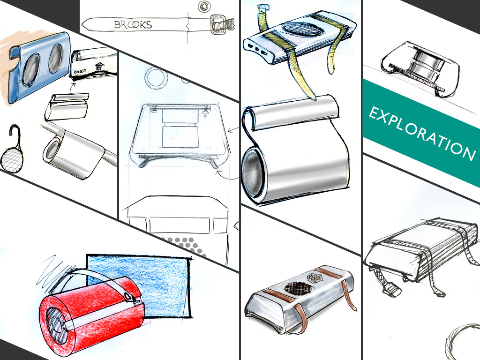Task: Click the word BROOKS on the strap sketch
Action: tap(133, 24)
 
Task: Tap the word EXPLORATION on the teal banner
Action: tap(422, 134)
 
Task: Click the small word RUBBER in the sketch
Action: tap(80, 72)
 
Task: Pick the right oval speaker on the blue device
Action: tap(55, 59)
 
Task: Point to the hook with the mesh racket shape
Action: tap(12, 149)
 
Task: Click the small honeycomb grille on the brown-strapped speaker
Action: tap(316, 278)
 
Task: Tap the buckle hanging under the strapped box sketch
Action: tap(391, 289)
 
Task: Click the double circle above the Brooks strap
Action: tap(203, 7)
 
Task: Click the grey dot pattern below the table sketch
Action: tap(187, 245)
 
